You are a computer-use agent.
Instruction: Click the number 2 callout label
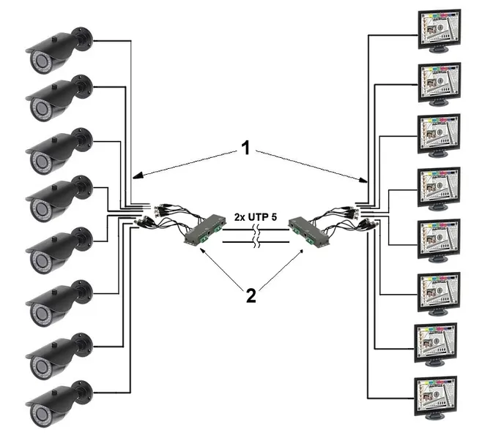(251, 295)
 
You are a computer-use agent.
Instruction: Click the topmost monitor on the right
(439, 29)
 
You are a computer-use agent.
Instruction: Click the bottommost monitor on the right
(436, 396)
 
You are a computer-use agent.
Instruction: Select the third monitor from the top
(439, 133)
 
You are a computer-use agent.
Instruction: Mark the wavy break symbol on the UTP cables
(253, 239)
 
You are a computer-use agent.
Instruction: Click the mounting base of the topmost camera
(83, 37)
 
